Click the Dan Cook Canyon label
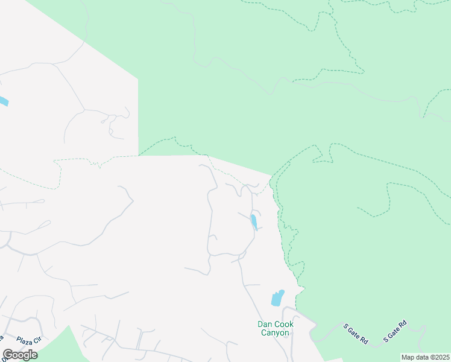pos(274,328)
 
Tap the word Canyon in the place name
pos(276,333)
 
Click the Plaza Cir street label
pos(29,340)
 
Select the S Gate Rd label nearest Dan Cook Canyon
pos(356,333)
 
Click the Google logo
pos(20,355)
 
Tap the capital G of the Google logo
pos(8,355)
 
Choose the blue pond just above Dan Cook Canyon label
pos(277,297)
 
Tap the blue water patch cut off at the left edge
pos(3,101)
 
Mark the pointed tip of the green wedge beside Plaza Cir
pos(68,326)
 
